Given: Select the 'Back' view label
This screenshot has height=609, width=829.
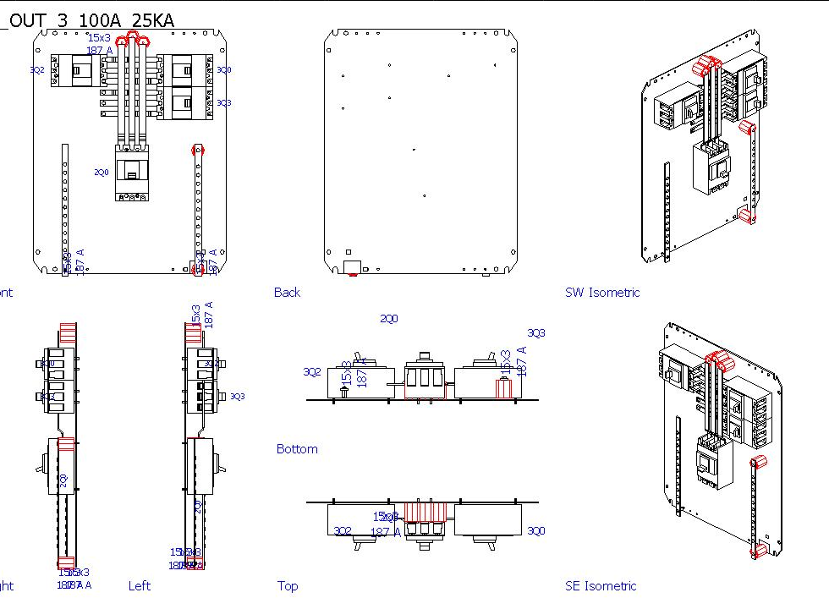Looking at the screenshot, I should click(287, 293).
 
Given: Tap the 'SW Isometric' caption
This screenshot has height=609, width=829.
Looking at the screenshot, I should click(602, 293).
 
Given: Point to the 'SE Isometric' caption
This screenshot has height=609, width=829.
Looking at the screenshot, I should click(601, 585).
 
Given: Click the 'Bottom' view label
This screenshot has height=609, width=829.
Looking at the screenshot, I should click(297, 449).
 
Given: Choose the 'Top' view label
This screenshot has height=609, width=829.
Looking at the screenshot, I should click(288, 585).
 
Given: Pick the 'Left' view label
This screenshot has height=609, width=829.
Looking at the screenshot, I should click(140, 585).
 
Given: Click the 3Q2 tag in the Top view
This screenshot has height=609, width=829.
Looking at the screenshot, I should click(343, 531).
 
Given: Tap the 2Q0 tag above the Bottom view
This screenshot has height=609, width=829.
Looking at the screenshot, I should click(388, 319).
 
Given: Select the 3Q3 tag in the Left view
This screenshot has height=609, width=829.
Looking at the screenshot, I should click(238, 396).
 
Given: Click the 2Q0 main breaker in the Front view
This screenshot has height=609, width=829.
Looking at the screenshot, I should click(132, 171).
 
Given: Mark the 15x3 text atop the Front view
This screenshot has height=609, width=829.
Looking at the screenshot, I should click(99, 37).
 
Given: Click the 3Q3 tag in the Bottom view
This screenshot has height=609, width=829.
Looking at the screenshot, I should click(536, 333).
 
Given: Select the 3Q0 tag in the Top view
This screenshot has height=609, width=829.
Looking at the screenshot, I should click(536, 531).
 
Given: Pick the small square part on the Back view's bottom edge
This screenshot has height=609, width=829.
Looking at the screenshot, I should click(348, 252).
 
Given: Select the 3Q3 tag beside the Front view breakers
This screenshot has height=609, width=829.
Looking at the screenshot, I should click(223, 103).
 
